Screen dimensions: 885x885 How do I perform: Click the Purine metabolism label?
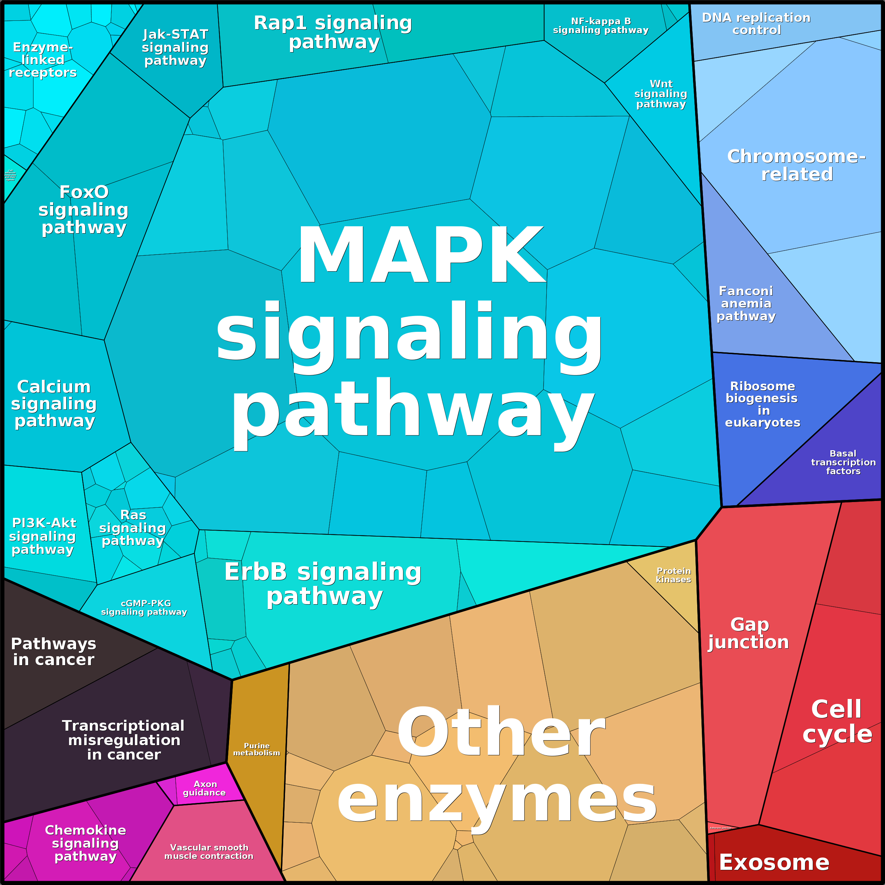point(256,749)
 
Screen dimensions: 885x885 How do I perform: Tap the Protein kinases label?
point(673,575)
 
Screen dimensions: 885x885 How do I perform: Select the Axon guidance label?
point(205,788)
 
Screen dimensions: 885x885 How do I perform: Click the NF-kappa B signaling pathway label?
point(601,26)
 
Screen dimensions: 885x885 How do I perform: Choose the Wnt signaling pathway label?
point(661,94)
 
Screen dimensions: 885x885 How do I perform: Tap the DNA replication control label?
point(756,24)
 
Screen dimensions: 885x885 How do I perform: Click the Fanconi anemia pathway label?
point(746,303)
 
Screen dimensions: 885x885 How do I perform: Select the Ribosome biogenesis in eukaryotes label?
point(763,404)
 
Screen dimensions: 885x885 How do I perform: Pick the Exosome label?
point(774,862)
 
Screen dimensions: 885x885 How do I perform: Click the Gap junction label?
point(749,633)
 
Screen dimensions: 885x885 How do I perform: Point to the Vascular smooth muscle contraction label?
point(209,852)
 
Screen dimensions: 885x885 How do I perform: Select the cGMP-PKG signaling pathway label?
point(144,607)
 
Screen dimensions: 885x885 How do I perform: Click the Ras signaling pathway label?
point(133,528)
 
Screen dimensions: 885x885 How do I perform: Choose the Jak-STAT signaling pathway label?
point(175,47)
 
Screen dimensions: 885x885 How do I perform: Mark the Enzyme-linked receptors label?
point(43,60)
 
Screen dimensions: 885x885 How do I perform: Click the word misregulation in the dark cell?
point(124,740)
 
